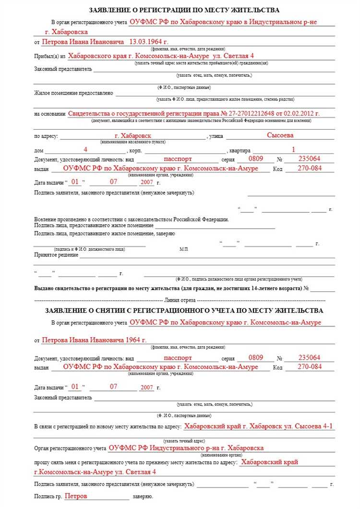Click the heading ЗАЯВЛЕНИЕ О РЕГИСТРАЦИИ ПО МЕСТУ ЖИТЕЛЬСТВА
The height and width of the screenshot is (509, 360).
point(184,10)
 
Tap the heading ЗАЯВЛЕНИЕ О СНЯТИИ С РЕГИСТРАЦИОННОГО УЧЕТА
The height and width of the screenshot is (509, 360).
point(184,311)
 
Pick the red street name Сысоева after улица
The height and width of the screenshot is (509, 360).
point(280,136)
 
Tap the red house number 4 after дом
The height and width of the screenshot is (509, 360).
point(85,149)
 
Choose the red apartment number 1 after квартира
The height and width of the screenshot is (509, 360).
point(293,149)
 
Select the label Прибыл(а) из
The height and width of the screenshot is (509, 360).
point(49,57)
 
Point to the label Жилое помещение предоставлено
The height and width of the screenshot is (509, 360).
point(73,93)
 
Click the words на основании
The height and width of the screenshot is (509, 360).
point(49,114)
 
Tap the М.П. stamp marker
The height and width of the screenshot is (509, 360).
point(184,250)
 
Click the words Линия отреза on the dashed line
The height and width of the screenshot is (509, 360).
point(184,301)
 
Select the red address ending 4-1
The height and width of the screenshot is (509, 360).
point(258,426)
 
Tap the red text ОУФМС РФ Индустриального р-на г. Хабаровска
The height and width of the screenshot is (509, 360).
point(186,448)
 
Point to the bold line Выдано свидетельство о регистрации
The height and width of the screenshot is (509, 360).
point(171,289)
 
